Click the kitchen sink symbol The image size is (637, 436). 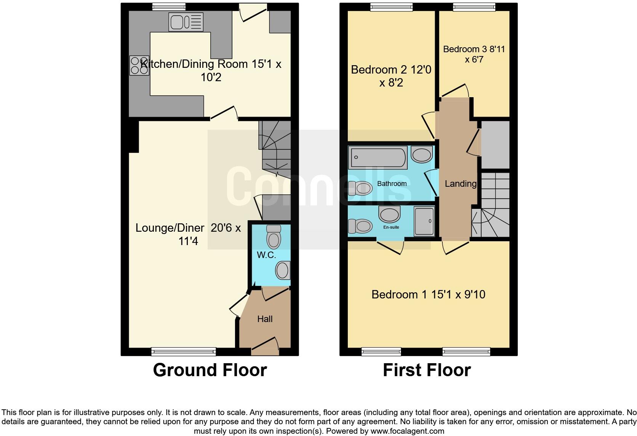tap(186, 22)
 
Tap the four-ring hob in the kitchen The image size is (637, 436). tap(139, 66)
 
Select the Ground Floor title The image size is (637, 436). tap(210, 370)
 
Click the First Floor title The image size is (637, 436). tap(427, 370)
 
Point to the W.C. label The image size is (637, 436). tap(266, 255)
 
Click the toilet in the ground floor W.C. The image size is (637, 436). tap(273, 237)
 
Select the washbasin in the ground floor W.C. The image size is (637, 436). tap(283, 270)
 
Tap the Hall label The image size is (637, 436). tap(265, 319)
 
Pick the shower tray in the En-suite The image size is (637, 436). tap(424, 221)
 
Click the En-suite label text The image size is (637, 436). tap(391, 227)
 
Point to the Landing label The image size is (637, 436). tap(461, 184)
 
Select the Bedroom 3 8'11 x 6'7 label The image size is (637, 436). tap(474, 54)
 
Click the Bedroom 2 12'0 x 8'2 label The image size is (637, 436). tap(391, 76)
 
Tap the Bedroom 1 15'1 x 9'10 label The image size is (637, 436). tap(428, 295)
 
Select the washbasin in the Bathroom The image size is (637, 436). tap(421, 155)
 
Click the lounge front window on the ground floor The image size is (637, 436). tap(184, 351)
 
